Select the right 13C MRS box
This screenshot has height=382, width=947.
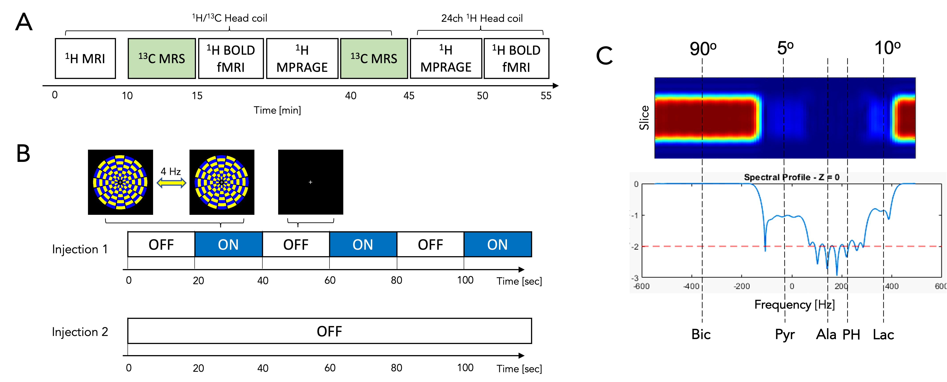point(374,58)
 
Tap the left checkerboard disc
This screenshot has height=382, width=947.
point(120,182)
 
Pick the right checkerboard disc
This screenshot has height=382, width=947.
point(221,182)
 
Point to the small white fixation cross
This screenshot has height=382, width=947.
point(310,182)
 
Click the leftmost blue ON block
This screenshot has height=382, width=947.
point(228,244)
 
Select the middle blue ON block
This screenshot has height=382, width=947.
point(363,244)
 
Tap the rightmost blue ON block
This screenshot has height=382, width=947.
point(497,244)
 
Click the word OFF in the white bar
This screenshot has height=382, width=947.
point(329,331)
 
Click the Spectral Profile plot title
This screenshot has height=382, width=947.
point(791,177)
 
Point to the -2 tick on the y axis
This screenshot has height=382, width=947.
point(635,247)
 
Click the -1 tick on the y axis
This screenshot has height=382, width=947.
point(635,215)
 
